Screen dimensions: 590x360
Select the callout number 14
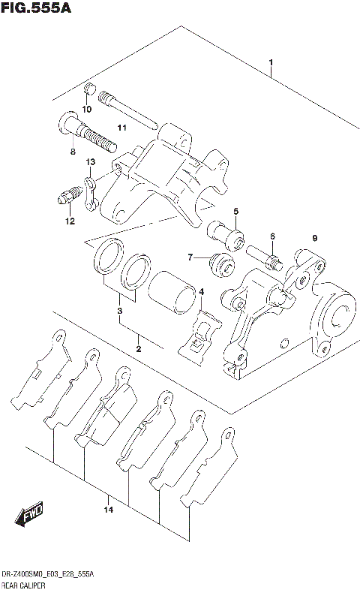pos(108,510)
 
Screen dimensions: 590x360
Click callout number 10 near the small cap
pos(87,109)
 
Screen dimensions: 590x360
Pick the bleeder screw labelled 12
pos(66,198)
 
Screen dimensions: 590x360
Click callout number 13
pos(90,162)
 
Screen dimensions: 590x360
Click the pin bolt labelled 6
pos(262,256)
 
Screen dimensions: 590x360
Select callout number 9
pos(315,238)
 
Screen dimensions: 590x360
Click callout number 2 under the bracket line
pos(138,348)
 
